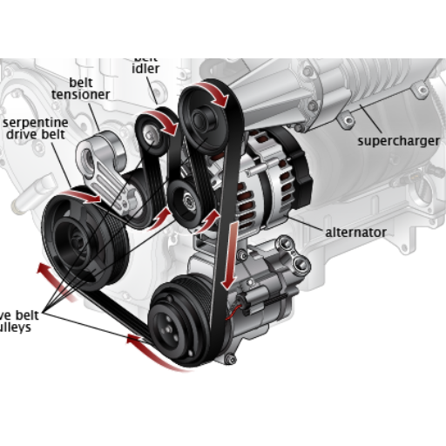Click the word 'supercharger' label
pos(398,140)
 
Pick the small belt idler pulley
pos(152,133)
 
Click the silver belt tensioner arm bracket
pos(102,166)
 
